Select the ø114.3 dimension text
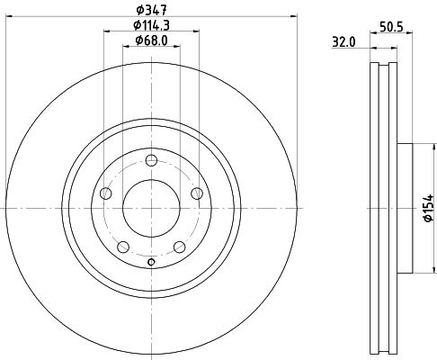pos(151,23)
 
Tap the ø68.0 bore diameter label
pos(151,40)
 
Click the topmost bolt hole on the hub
pos(151,158)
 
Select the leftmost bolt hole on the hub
pos(106,193)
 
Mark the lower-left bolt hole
pos(123,246)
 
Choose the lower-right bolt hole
pos(179,246)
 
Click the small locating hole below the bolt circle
pos(151,262)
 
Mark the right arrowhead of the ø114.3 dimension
pos(195,31)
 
